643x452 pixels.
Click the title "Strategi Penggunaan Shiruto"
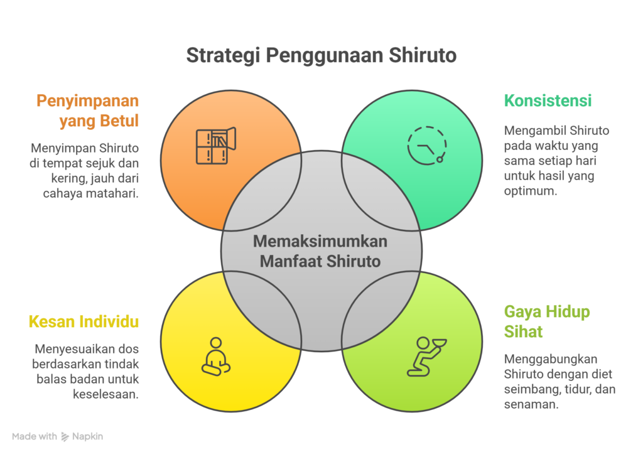pyautogui.click(x=321, y=55)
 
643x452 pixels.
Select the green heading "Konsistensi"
pyautogui.click(x=548, y=100)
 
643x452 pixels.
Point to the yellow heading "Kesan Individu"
pyautogui.click(x=84, y=322)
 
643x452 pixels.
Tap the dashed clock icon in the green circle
pyautogui.click(x=427, y=145)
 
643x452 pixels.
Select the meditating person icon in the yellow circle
pyautogui.click(x=216, y=357)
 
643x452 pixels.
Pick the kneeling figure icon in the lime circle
pyautogui.click(x=426, y=356)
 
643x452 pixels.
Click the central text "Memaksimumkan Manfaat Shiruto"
pyautogui.click(x=321, y=251)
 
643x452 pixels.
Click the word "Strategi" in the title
pyautogui.click(x=222, y=55)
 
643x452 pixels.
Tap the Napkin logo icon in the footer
pyautogui.click(x=65, y=436)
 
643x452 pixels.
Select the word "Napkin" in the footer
pyautogui.click(x=87, y=436)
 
